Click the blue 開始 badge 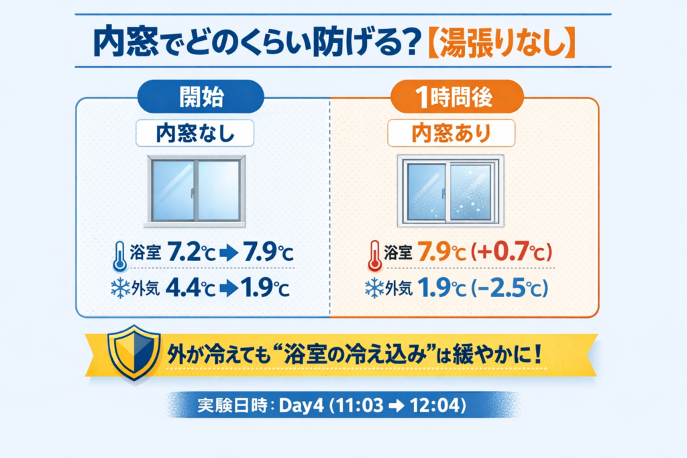point(201,97)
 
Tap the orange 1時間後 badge point(457,97)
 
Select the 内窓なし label point(195,133)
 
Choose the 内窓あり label point(452,133)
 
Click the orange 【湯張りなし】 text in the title point(500,42)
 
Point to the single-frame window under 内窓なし point(195,191)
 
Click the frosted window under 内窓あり point(451,191)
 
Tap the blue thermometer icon point(119,257)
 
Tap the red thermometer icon point(374,256)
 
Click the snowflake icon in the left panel point(120,288)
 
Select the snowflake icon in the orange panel point(374,288)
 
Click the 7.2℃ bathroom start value point(191,252)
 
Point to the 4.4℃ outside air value point(191,288)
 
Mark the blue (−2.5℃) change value point(509,288)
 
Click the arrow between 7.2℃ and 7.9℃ point(229,253)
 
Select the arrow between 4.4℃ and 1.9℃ point(229,289)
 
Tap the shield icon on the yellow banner point(134,352)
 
